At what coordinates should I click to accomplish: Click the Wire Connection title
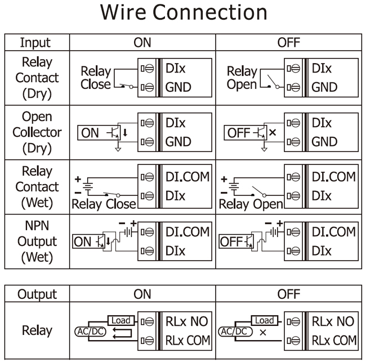[183, 14]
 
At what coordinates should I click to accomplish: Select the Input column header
[35, 43]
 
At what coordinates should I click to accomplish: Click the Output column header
[35, 294]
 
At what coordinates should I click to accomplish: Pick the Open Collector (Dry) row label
[35, 133]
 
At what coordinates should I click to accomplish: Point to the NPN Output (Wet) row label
[35, 242]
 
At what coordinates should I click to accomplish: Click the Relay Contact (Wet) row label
[35, 187]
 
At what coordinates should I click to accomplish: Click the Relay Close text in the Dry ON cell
[96, 78]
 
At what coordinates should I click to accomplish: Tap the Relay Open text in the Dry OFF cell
[241, 78]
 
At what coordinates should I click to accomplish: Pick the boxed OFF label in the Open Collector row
[237, 133]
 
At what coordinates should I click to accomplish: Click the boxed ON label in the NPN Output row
[83, 242]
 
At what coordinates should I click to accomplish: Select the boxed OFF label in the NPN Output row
[230, 242]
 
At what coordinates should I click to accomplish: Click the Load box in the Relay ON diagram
[120, 320]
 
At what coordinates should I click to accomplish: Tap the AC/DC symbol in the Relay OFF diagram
[234, 331]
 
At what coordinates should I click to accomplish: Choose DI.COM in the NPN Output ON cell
[186, 231]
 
